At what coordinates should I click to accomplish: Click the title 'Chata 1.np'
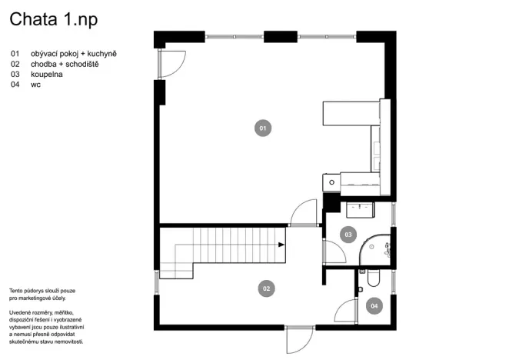click(54, 18)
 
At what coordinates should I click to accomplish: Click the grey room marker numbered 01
click(262, 128)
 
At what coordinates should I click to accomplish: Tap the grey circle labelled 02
click(267, 288)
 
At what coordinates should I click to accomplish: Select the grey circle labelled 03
click(348, 234)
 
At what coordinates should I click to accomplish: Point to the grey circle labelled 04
click(374, 306)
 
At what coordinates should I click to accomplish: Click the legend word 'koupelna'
click(47, 75)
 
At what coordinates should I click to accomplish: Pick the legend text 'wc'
click(35, 85)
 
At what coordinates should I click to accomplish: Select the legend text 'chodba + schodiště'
click(65, 64)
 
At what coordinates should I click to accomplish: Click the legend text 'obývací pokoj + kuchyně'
click(74, 53)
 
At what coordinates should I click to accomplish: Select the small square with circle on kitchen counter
click(330, 182)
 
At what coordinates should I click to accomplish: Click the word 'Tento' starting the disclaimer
click(16, 290)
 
